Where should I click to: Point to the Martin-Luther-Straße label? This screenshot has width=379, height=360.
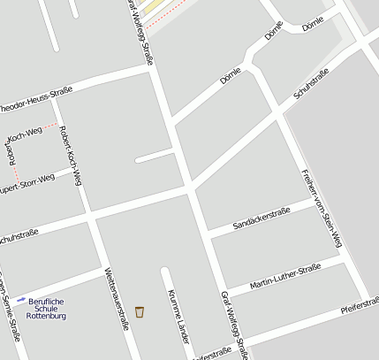coord(284,276)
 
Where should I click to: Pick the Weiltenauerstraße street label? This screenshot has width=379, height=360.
coord(117,298)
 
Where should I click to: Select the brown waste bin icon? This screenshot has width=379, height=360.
coord(140,311)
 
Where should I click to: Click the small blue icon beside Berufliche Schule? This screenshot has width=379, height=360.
coord(21,300)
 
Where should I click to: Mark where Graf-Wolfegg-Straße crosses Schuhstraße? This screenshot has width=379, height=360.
coord(188,188)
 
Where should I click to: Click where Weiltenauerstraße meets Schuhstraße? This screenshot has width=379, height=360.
coord(90,215)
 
